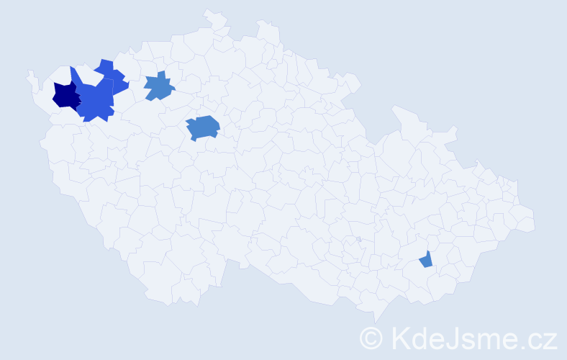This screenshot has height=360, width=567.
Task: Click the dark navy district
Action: (x=65, y=96)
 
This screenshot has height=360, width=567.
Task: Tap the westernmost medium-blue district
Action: (x=159, y=87)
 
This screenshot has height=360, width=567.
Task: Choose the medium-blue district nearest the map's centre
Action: (x=203, y=127)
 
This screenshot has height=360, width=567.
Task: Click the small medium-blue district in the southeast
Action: (x=427, y=260)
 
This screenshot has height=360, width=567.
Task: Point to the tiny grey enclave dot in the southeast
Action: (x=358, y=239)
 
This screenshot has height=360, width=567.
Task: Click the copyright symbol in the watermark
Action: (x=372, y=337)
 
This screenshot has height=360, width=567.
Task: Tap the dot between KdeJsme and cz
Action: (x=522, y=346)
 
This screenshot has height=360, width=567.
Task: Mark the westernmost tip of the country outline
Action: (x=28, y=73)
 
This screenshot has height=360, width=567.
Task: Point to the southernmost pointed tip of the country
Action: (x=375, y=322)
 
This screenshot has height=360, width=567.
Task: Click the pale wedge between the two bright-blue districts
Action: (x=92, y=76)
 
